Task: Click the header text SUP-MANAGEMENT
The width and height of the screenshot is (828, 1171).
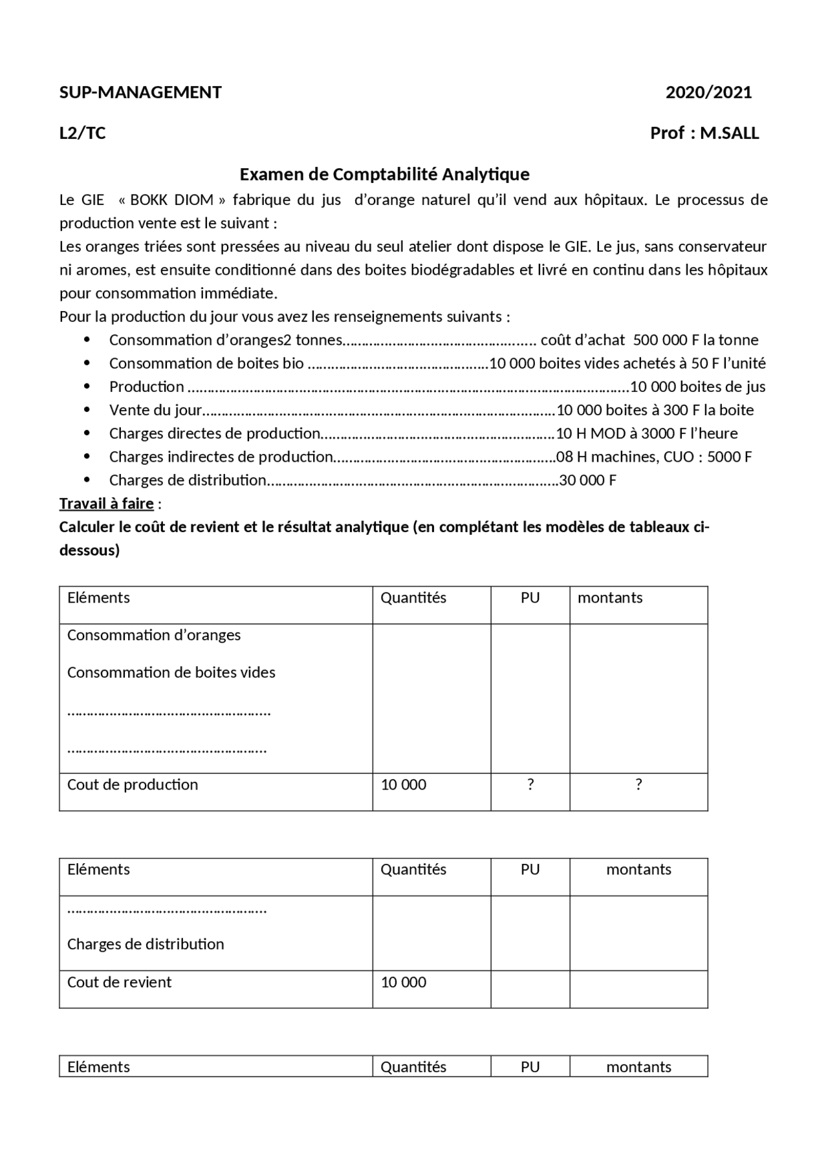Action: [140, 92]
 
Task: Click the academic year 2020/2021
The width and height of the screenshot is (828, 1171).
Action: [708, 92]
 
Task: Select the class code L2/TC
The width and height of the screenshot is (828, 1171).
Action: [82, 133]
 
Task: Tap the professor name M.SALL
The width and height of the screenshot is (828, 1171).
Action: [729, 133]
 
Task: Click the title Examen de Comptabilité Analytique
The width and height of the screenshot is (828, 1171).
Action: [384, 174]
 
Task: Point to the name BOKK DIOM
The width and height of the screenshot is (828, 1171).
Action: [171, 200]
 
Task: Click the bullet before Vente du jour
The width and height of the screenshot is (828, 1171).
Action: [87, 410]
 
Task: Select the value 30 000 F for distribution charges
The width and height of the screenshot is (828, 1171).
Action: [587, 480]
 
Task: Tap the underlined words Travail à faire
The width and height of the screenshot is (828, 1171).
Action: [107, 503]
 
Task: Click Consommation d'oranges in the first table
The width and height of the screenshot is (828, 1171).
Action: [154, 635]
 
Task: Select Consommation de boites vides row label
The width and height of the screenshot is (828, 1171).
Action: [171, 672]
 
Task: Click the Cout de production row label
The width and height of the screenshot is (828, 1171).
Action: [133, 784]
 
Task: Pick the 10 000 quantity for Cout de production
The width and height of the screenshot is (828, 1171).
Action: [404, 785]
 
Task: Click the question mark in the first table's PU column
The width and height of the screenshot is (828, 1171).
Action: [530, 784]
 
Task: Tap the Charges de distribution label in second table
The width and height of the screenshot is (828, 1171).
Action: [146, 944]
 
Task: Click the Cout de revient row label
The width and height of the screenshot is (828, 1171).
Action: [120, 982]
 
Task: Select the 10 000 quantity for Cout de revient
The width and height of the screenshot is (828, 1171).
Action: [404, 982]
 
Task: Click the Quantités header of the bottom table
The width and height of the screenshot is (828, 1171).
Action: [413, 1067]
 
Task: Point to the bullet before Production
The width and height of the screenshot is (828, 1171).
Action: [87, 387]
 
